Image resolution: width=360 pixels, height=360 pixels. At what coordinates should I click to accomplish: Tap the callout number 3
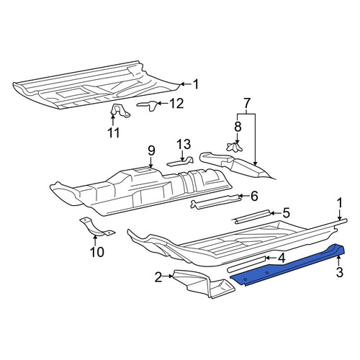pyautogui.click(x=339, y=272)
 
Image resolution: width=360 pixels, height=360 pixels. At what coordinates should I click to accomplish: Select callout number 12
pyautogui.click(x=176, y=104)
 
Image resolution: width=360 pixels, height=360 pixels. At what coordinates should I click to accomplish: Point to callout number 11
pyautogui.click(x=114, y=132)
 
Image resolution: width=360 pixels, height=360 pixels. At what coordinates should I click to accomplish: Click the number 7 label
pyautogui.click(x=247, y=103)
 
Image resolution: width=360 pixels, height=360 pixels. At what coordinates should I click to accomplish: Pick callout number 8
pyautogui.click(x=238, y=127)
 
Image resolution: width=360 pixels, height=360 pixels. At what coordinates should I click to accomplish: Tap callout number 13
pyautogui.click(x=184, y=144)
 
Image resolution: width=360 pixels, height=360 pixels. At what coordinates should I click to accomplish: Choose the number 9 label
pyautogui.click(x=151, y=150)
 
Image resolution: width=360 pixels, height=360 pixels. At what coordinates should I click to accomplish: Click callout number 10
pyautogui.click(x=97, y=252)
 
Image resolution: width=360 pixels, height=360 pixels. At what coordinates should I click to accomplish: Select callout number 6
pyautogui.click(x=254, y=196)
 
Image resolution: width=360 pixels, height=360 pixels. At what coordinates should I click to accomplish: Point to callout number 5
pyautogui.click(x=286, y=212)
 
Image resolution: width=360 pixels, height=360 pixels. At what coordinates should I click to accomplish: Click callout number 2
pyautogui.click(x=158, y=277)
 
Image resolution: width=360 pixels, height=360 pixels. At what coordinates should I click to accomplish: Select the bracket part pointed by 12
pyautogui.click(x=148, y=105)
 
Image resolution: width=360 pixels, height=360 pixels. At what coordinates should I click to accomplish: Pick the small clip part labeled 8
pyautogui.click(x=234, y=147)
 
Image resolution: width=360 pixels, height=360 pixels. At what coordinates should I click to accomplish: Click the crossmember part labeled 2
pyautogui.click(x=204, y=284)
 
